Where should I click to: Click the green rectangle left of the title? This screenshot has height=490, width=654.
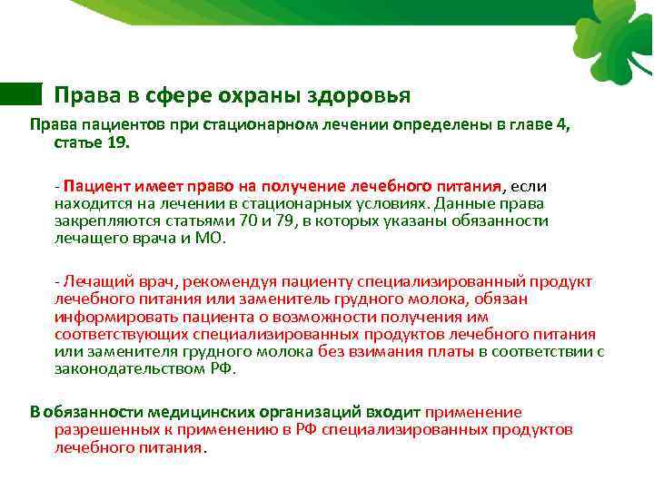pyautogui.click(x=21, y=93)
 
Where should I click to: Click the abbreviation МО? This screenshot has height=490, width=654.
pyautogui.click(x=213, y=238)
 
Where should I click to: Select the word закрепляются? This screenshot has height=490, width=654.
pyautogui.click(x=100, y=220)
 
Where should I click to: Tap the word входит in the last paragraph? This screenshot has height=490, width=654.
pyautogui.click(x=394, y=411)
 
